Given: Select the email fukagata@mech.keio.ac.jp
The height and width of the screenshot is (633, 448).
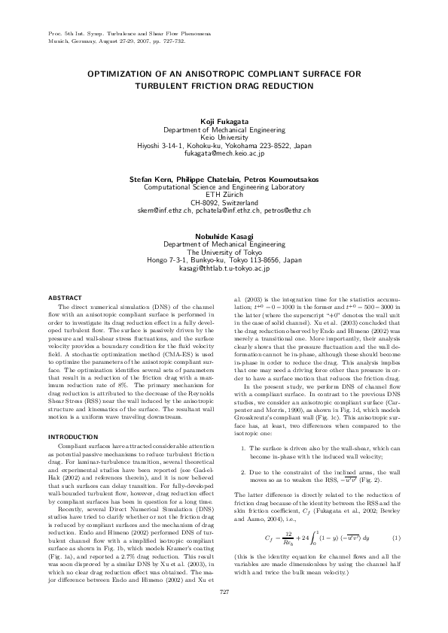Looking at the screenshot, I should pyautogui.click(x=224, y=153).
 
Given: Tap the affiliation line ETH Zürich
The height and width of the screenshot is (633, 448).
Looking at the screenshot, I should pyautogui.click(x=224, y=195).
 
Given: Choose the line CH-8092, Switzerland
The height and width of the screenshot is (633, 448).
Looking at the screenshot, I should pyautogui.click(x=224, y=202).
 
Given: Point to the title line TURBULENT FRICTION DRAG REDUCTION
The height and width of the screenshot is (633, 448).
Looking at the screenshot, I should pyautogui.click(x=224, y=86).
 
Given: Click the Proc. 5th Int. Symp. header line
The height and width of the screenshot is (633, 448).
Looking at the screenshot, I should pyautogui.click(x=127, y=35).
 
